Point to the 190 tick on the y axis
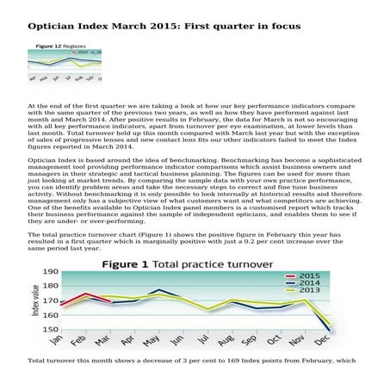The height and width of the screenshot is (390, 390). tap(49, 273)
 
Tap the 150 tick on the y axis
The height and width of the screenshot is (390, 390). tap(49, 329)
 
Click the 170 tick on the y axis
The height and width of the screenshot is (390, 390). tap(49, 300)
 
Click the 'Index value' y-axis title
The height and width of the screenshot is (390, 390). tap(34, 301)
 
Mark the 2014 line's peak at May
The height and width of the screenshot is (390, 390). tap(159, 290)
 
